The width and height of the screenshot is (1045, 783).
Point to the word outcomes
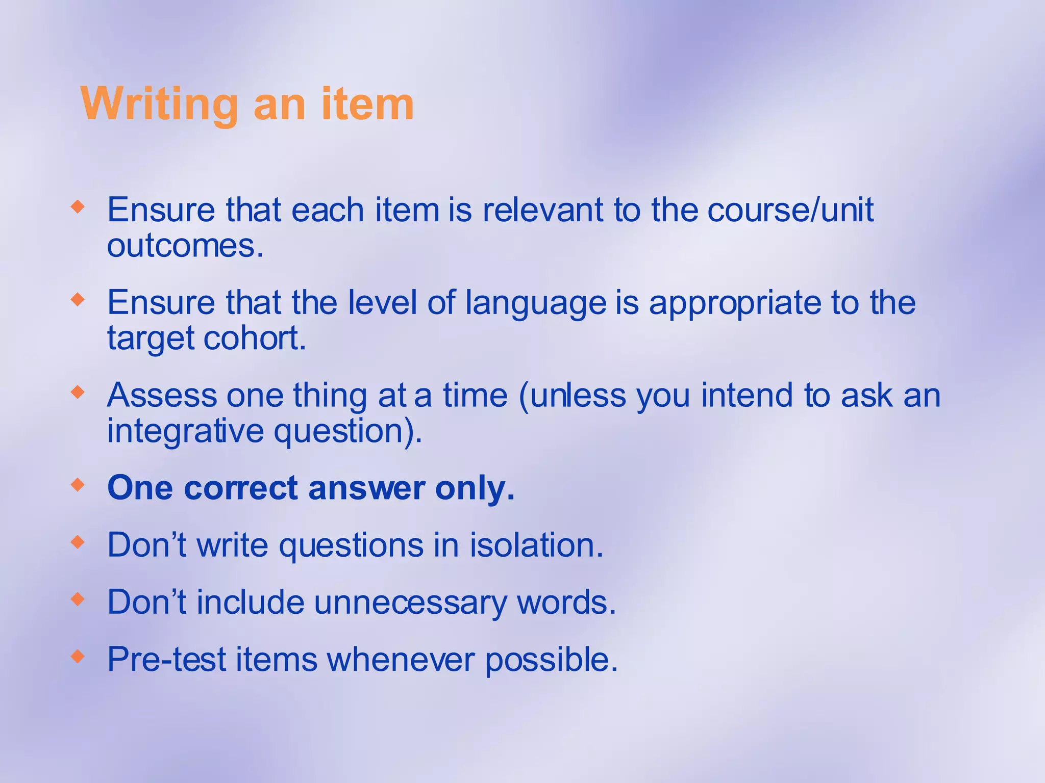185,246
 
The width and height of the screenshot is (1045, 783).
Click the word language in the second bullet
536,303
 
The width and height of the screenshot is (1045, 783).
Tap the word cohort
255,338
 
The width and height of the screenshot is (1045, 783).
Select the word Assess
162,395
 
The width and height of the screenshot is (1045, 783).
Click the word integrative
185,431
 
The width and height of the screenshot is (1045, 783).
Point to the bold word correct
241,488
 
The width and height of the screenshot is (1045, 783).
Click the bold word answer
366,488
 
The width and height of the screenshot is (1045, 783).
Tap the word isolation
536,545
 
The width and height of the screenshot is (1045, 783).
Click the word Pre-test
167,659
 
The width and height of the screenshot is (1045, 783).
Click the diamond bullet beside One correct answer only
78,484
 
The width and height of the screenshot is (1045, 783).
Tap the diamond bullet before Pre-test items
78,656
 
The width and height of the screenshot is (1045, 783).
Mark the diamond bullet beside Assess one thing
78,392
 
